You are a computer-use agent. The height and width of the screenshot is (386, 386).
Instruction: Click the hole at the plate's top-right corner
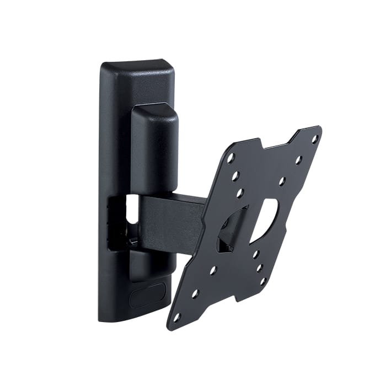[315, 140]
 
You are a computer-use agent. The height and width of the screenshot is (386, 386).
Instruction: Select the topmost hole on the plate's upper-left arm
[230, 158]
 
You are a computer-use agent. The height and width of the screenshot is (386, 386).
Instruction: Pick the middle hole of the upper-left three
[235, 176]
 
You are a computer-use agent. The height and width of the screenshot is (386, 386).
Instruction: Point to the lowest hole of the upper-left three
[240, 193]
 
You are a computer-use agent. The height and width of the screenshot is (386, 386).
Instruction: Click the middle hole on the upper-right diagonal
[298, 160]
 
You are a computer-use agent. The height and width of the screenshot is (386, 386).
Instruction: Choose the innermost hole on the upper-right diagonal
[282, 180]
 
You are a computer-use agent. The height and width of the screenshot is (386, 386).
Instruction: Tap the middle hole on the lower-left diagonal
[195, 294]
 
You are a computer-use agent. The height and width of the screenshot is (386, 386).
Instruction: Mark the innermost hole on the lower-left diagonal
[212, 271]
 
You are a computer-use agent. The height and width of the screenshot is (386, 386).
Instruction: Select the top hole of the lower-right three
[256, 254]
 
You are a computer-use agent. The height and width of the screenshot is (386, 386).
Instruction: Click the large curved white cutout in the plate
[264, 221]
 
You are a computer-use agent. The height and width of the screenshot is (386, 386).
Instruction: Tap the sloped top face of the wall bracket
[138, 69]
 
